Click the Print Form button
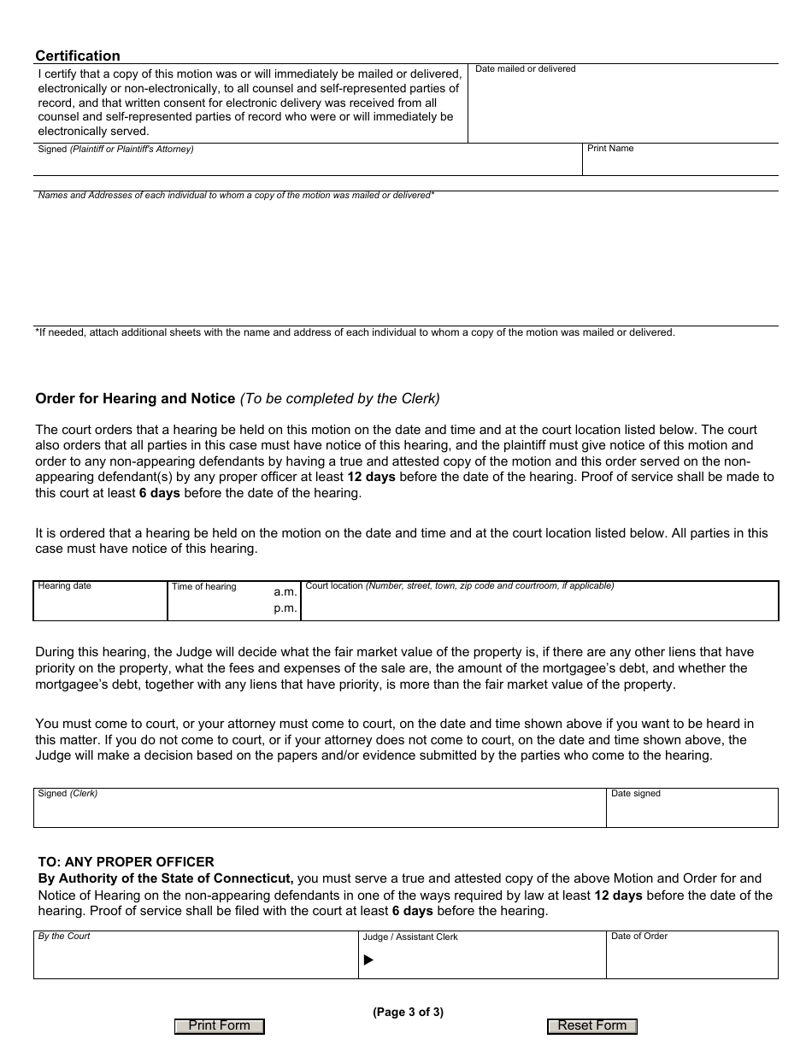219,1026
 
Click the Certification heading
78,56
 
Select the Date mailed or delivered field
622,107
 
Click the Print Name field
680,163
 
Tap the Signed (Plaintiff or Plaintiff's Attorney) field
308,163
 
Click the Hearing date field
100,604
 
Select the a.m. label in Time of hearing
285,591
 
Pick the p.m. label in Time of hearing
285,608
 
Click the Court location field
539,604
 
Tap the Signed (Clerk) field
319,812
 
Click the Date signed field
691,812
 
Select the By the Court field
196,959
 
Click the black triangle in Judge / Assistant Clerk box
368,960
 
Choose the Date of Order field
691,959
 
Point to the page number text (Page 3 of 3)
408,1013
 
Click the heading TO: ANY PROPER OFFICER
127,862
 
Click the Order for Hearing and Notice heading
135,398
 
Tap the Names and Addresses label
236,196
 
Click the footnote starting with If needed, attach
355,332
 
